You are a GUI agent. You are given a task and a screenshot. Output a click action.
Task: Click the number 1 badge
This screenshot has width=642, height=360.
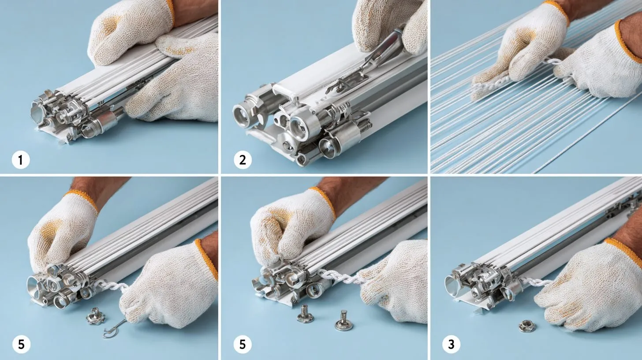click(21, 160)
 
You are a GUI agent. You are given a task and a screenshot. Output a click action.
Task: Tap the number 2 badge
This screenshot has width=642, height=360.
click(243, 160)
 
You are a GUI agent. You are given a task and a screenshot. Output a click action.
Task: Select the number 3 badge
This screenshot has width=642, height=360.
click(451, 344)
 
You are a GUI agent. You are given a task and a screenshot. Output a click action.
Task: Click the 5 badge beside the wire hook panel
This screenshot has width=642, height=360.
click(21, 344)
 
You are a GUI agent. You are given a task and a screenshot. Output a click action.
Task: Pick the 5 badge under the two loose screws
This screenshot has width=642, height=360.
click(243, 344)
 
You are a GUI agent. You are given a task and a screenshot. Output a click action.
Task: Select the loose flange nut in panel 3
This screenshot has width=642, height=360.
click(527, 326)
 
